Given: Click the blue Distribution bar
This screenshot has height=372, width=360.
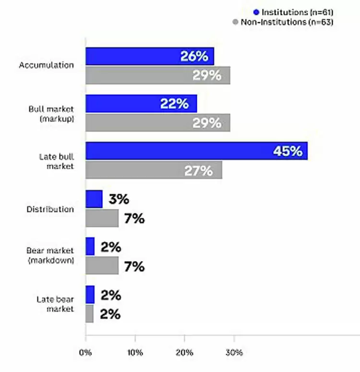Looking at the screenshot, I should coord(94,199).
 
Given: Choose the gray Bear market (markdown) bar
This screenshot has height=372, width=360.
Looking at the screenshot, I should coord(102,265).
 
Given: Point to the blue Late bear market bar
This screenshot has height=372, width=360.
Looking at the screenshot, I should coord(90,294).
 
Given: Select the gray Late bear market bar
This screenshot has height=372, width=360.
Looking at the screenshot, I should coord(89,313).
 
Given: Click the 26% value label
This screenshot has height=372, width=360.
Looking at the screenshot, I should coord(194,57).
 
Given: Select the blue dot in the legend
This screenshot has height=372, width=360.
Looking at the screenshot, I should coord(256,12).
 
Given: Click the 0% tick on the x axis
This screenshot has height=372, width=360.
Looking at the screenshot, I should coord(85,353).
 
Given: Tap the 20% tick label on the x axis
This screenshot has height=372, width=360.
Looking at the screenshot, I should coord(184,353).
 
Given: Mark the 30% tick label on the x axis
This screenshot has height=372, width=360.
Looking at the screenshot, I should coord(234,353).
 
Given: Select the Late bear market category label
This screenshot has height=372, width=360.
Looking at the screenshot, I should coord(55,304).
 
